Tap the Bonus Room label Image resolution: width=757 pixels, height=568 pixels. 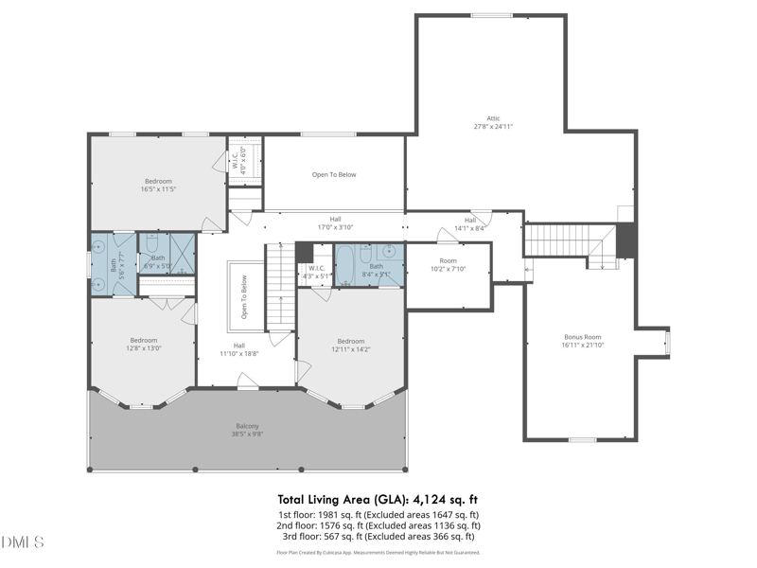pyautogui.click(x=582, y=341)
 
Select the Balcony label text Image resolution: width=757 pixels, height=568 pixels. pyautogui.click(x=247, y=431)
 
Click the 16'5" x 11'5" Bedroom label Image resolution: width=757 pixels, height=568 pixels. pyautogui.click(x=158, y=185)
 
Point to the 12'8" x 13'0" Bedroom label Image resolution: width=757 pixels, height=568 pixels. pyautogui.click(x=144, y=344)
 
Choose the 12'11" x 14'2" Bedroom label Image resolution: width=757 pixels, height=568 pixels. pyautogui.click(x=351, y=345)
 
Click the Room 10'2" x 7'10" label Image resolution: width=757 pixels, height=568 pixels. pyautogui.click(x=449, y=264)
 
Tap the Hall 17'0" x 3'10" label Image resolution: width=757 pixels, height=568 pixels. pyautogui.click(x=335, y=222)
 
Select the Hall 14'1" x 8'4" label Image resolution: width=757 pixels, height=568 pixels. pyautogui.click(x=470, y=223)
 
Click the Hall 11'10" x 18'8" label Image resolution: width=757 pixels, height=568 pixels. pyautogui.click(x=239, y=349)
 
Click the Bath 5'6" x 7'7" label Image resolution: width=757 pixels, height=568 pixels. pyautogui.click(x=115, y=266)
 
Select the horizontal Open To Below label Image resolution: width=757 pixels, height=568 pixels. pyautogui.click(x=334, y=174)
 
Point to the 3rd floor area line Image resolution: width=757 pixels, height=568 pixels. pyautogui.click(x=378, y=537)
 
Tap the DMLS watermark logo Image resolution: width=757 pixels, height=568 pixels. pyautogui.click(x=24, y=542)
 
